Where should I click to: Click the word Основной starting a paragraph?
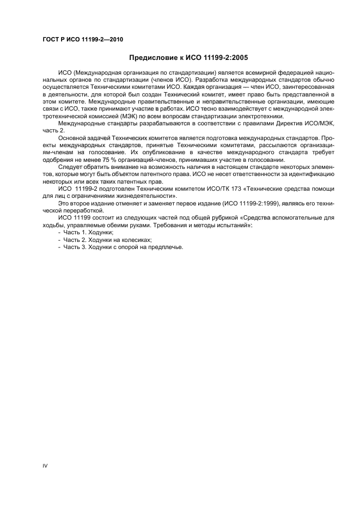(71, 138)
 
